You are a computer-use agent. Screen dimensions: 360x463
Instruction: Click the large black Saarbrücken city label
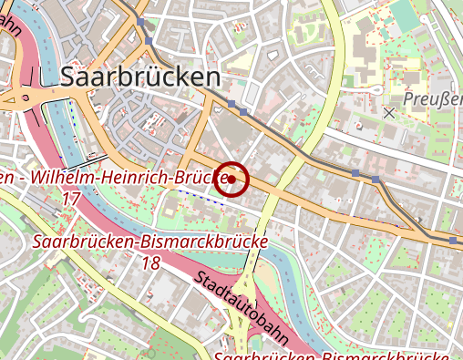139,77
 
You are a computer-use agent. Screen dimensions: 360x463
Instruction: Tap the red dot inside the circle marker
233,180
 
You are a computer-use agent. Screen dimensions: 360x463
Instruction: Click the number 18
151,262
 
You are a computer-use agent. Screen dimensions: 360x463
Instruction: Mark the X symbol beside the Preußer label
390,113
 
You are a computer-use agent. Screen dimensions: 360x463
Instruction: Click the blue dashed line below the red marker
201,197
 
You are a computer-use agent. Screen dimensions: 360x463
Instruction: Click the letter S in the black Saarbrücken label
67,77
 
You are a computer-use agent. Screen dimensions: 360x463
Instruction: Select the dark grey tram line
301,146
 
